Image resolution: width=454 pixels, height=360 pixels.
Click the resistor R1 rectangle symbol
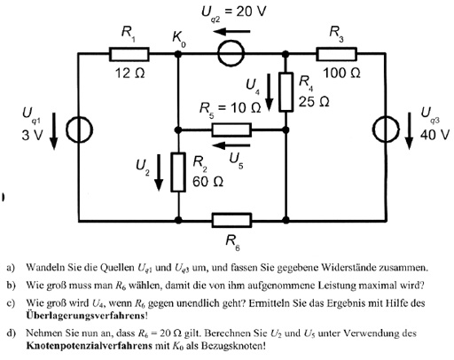pos(129,54)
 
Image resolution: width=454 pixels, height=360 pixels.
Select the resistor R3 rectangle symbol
pos(336,54)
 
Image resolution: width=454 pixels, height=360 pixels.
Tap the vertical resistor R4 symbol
pos(286,92)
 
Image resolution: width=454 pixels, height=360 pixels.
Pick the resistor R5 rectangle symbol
pos(231,129)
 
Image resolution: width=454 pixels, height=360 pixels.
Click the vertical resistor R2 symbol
pos(178,172)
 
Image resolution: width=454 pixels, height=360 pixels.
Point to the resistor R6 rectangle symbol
pos(231,220)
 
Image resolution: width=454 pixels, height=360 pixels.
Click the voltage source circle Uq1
pos(79,129)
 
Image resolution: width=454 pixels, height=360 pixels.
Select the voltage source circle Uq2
pos(231,54)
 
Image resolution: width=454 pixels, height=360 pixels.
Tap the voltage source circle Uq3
pos(386,129)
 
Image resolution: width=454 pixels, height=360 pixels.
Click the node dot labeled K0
pos(178,54)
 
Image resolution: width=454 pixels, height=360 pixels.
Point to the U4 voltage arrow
pos(269,92)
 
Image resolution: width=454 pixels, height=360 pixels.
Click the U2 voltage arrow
pos(159,172)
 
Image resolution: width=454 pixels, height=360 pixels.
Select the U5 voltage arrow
pos(231,145)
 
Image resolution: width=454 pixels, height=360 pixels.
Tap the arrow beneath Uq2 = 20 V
pos(231,31)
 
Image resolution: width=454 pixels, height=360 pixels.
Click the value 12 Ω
pos(130,73)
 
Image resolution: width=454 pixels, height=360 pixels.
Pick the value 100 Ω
pos(341,73)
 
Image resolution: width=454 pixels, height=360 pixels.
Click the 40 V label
pos(434,135)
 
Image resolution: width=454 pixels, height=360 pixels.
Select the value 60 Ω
pos(207,182)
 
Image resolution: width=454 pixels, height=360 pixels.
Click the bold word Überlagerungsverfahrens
pos(85,316)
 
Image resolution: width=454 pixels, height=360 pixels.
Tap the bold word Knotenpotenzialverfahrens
pos(89,345)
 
